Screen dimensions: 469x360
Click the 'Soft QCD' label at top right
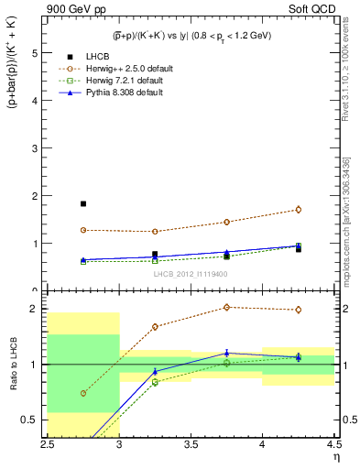point(311,10)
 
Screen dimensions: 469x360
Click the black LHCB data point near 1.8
point(82,203)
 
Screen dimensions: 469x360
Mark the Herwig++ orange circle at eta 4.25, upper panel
point(299,210)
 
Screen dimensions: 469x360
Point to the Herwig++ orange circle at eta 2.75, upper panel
point(82,230)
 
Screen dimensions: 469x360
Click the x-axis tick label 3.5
point(191,444)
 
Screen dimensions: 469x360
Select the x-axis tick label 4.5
point(333,444)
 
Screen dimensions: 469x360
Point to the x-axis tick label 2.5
point(48,444)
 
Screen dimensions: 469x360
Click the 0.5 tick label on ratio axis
point(33,420)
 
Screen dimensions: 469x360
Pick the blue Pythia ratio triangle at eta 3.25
point(155,371)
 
